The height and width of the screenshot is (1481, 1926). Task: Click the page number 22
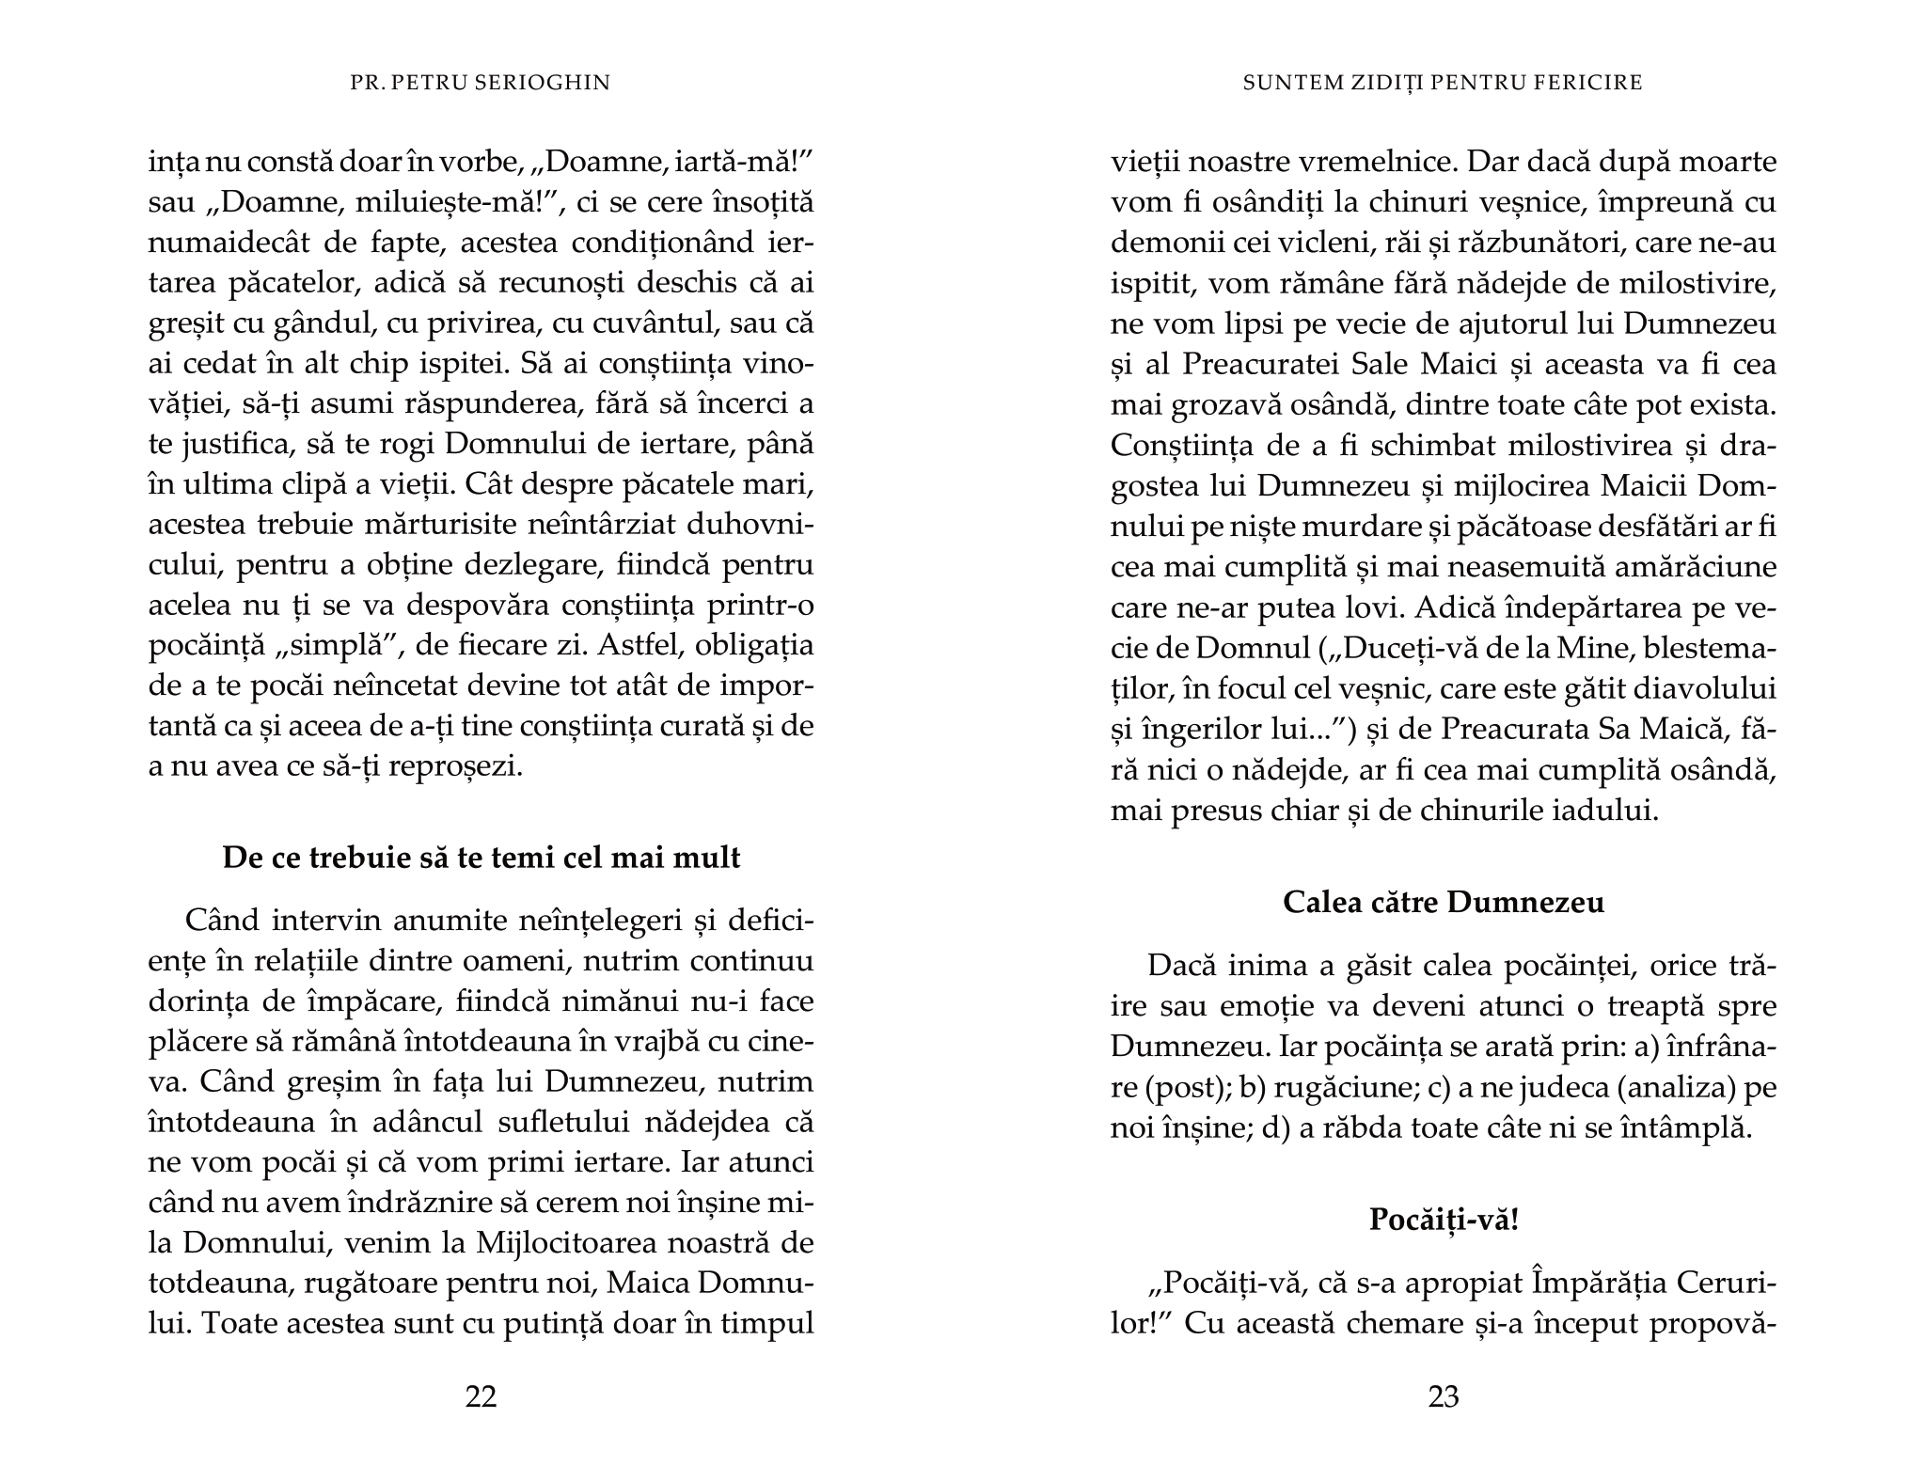(481, 1397)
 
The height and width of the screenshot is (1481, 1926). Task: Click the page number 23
(1444, 1397)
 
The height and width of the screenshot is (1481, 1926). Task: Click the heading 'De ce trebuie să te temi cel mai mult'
(481, 858)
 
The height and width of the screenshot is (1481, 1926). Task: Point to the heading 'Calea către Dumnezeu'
(1444, 903)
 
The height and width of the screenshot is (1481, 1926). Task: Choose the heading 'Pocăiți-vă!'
(1444, 1221)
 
